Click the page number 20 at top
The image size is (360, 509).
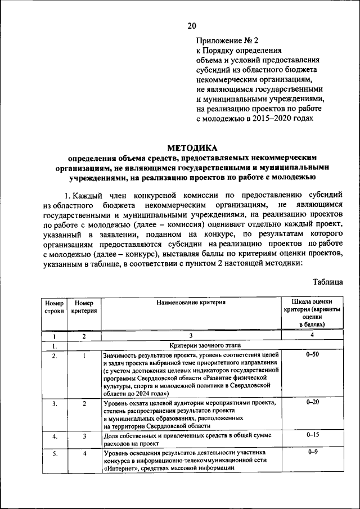[x=192, y=25]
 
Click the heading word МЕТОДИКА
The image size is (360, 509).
[x=191, y=148]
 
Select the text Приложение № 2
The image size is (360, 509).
[x=224, y=41]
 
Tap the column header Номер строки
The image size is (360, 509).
[x=55, y=307]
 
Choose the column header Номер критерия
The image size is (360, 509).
[x=84, y=307]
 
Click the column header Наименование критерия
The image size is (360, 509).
[x=191, y=303]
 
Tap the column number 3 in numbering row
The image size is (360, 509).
[x=191, y=335]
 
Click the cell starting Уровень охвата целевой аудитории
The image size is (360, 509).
[x=190, y=415]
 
